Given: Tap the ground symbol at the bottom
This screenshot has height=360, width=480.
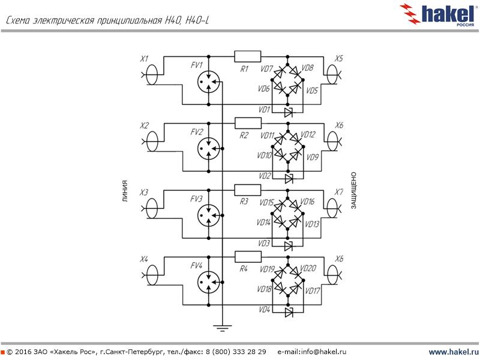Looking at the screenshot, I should click(x=223, y=328).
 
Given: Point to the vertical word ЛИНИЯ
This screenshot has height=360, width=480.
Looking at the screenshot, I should click(x=125, y=190).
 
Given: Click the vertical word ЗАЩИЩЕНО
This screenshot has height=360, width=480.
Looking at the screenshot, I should click(x=354, y=190).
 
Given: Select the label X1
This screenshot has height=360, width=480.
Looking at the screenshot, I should click(x=144, y=59).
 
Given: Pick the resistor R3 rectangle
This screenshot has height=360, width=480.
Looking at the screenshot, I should click(x=247, y=190).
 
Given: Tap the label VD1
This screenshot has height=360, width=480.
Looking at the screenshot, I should click(x=265, y=110).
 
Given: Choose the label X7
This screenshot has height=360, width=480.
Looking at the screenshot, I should click(x=339, y=193).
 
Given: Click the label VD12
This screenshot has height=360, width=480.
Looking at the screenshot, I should click(x=307, y=134).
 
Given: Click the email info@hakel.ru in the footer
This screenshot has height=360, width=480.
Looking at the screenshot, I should click(x=312, y=352).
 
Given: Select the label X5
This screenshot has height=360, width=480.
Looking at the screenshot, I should click(x=339, y=59).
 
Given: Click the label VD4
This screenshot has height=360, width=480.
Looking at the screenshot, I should click(x=265, y=310).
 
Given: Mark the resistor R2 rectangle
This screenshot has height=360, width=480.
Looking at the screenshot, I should click(x=247, y=123).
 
